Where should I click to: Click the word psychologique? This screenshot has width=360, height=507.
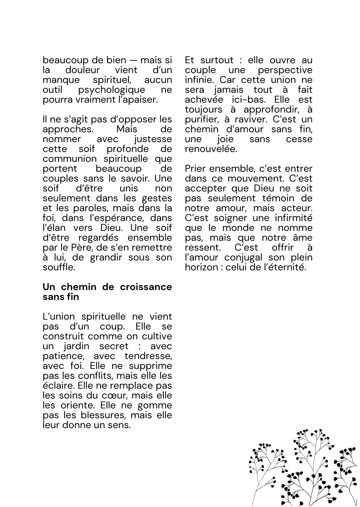pos(111,90)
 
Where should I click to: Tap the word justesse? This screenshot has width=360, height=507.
pos(153,139)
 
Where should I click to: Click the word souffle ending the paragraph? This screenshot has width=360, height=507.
pos(59,267)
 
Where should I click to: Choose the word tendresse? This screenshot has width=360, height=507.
pos(148,356)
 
